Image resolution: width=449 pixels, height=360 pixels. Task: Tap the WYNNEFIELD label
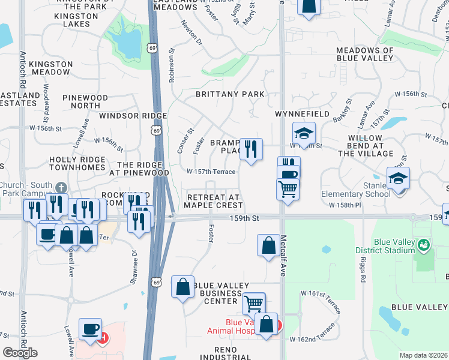302,113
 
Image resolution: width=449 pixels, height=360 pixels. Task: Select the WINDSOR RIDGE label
125,116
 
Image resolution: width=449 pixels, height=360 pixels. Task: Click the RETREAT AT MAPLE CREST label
213,201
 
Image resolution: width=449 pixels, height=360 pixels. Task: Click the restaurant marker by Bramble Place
251,149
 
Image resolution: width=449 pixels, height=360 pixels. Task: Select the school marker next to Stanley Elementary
398,179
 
